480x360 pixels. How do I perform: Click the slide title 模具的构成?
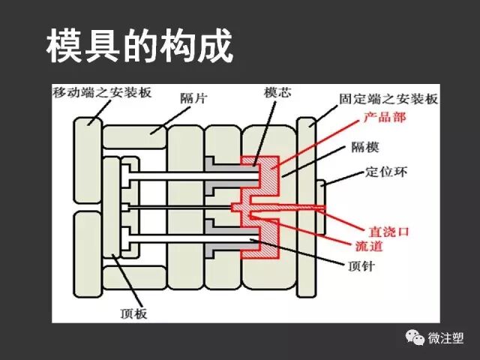140,46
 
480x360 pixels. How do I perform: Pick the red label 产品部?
385,118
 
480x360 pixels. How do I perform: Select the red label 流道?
369,245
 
